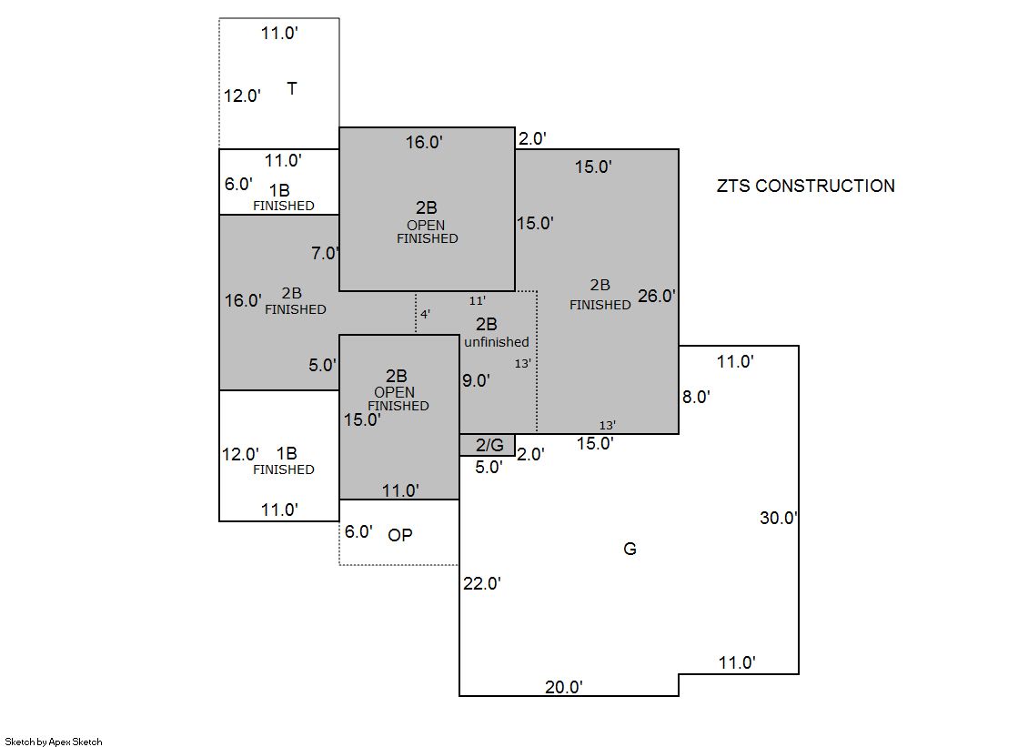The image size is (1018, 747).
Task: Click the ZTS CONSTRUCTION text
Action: (x=805, y=186)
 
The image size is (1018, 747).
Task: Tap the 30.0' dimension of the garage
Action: (x=779, y=518)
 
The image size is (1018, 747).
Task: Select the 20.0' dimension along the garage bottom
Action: (x=563, y=687)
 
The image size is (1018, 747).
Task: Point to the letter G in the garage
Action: (x=630, y=549)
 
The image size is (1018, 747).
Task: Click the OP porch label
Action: (x=400, y=535)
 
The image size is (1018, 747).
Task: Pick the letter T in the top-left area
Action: (x=291, y=88)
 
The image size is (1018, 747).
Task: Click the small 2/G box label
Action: (x=489, y=445)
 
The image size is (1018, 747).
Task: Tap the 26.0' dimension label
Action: (x=657, y=296)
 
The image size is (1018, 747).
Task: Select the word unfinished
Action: (x=496, y=342)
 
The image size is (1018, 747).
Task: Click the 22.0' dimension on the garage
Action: (x=482, y=583)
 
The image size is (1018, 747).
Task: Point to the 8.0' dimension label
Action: (x=696, y=397)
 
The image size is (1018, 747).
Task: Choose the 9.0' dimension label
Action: (x=476, y=380)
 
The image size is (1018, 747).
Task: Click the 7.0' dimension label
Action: (x=325, y=253)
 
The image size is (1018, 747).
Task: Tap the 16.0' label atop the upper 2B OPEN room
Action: (x=424, y=142)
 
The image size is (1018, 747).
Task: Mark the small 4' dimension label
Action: (x=425, y=314)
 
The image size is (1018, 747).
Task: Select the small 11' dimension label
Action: (x=478, y=300)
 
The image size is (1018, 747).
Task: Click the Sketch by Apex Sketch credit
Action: (x=54, y=742)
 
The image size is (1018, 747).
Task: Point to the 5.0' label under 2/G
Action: (x=489, y=468)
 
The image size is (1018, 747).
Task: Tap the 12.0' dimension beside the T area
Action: (x=242, y=96)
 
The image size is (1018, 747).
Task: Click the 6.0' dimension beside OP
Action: (x=358, y=532)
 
